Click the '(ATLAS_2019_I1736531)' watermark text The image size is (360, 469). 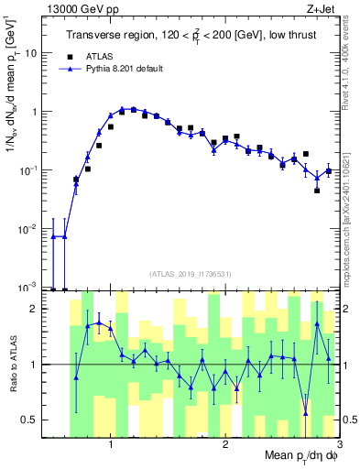click(x=191, y=273)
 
